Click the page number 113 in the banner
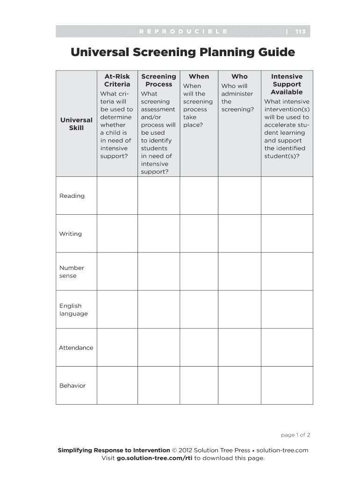coord(300,32)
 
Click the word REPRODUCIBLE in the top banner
coord(183,32)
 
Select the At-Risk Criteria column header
coord(117,80)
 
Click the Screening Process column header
coord(158,80)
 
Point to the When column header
coord(199,76)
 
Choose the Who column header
coord(239,76)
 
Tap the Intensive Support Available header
coord(287,84)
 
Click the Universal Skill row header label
coord(76,124)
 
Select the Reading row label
coord(72,196)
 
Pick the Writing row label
coord(70,234)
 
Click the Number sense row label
coord(72,272)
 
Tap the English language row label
coord(73,310)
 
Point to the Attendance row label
coord(76,348)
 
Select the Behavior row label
coord(72,385)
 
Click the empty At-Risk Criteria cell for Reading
coord(117,196)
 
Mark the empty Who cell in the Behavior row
coord(239,385)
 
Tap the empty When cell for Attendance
coord(199,347)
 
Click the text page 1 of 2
coord(295,435)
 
